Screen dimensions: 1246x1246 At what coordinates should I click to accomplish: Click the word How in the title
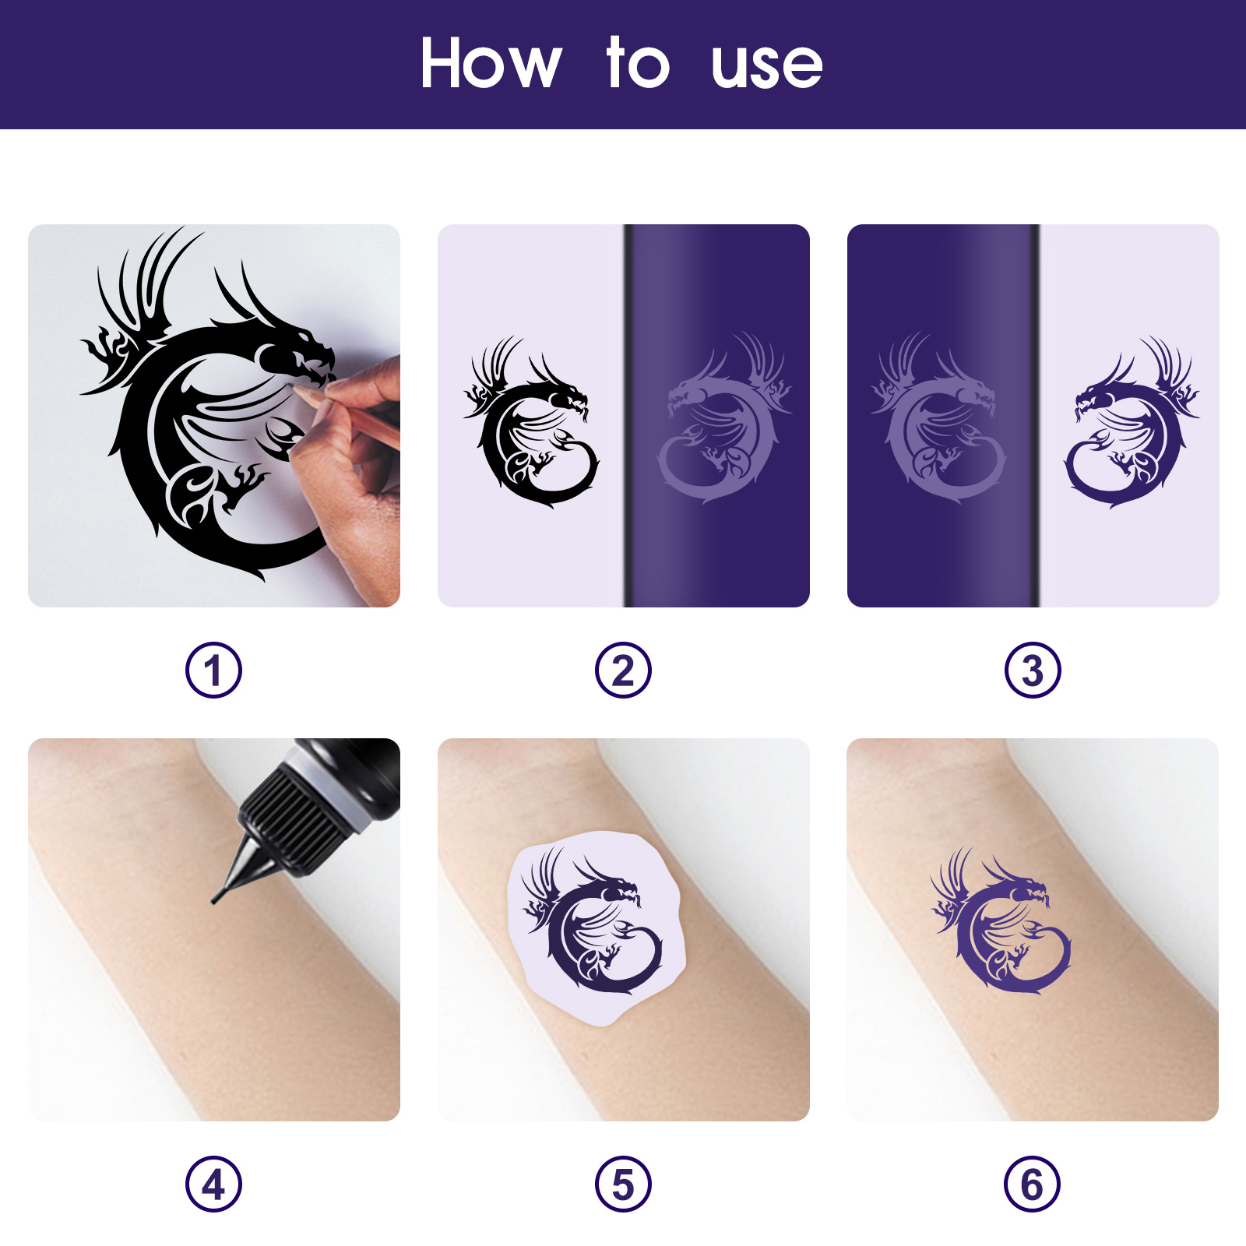click(491, 64)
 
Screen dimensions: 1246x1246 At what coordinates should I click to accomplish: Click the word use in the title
click(766, 66)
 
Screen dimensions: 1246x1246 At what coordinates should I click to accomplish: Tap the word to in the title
click(637, 64)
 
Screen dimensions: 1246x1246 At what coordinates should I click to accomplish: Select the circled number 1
click(213, 671)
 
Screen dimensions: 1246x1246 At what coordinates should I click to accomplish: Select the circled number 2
click(623, 671)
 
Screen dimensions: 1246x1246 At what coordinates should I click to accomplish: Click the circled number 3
click(1033, 671)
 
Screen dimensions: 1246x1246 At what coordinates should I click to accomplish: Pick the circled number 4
click(213, 1184)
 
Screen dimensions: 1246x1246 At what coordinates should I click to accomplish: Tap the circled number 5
click(623, 1184)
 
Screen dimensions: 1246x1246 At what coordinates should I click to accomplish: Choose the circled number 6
click(1033, 1184)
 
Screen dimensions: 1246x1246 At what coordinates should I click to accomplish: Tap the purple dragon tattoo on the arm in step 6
click(1001, 927)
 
